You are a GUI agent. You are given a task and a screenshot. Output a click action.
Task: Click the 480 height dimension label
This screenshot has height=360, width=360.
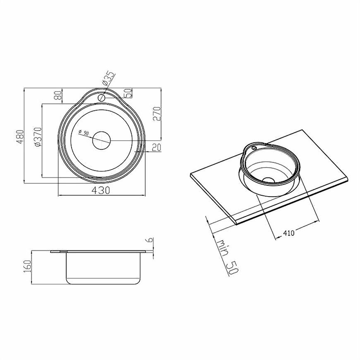click(x=20, y=137)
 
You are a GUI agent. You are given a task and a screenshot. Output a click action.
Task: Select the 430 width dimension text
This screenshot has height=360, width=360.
click(x=101, y=190)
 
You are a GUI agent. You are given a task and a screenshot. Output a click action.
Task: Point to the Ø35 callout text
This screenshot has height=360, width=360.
click(x=108, y=79)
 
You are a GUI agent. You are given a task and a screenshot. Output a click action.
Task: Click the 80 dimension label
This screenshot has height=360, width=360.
click(x=58, y=95)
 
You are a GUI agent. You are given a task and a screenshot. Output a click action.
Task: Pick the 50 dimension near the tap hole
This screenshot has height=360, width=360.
click(x=128, y=93)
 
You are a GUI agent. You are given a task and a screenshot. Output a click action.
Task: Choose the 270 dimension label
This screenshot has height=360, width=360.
click(x=157, y=113)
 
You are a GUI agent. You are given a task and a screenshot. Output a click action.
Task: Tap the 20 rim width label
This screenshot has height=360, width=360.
click(x=156, y=148)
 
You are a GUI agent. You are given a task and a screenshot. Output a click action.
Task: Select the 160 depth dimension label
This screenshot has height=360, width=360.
click(x=27, y=266)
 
